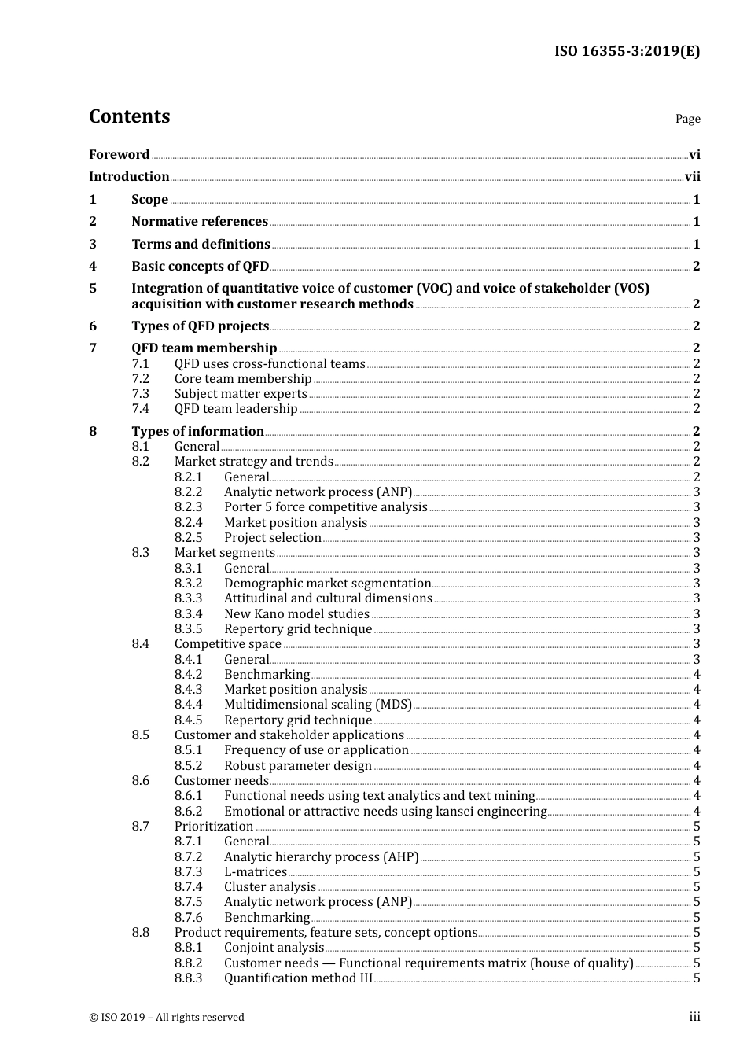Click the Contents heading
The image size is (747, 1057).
point(129,116)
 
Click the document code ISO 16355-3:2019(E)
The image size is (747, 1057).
point(627,51)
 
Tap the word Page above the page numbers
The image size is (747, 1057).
point(687,119)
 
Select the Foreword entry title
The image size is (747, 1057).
point(119,154)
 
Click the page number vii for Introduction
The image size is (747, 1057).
point(692,177)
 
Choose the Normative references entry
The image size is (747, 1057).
point(200,222)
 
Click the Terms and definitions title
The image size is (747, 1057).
point(201,244)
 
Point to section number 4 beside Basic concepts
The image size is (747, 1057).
point(93,266)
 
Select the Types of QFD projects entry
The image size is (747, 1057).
point(200,326)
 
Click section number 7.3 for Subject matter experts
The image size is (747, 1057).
point(140,393)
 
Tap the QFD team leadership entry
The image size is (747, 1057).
point(236,408)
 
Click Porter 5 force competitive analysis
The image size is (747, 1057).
point(326,507)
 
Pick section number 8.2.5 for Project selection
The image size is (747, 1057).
point(188,538)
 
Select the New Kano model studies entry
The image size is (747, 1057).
point(296,613)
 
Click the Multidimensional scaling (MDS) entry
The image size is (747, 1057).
point(318,705)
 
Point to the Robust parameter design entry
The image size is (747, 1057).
point(298,765)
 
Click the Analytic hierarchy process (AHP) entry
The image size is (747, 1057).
point(321,856)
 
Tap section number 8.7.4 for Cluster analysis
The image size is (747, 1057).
point(188,887)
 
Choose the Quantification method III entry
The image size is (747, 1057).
point(298,978)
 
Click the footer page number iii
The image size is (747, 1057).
point(694,1017)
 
